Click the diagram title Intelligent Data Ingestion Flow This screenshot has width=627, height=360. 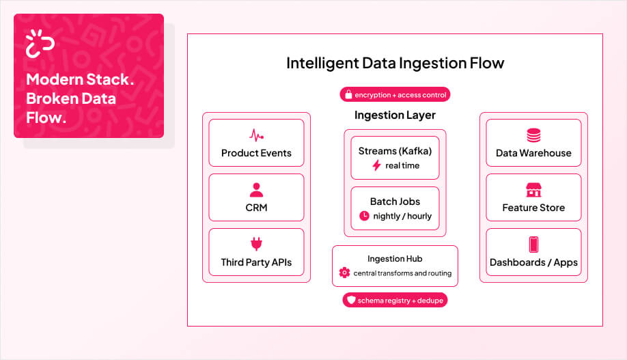(395, 64)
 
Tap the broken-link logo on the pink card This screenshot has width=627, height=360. (40, 44)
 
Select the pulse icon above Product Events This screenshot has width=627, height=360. (256, 135)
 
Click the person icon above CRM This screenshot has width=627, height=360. (256, 189)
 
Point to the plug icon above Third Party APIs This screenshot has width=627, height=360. (256, 244)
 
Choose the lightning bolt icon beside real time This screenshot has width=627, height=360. (376, 165)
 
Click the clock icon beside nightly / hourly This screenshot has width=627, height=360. (364, 216)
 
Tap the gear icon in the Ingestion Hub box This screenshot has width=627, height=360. (344, 273)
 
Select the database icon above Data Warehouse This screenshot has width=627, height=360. (533, 135)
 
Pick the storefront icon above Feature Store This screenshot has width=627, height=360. (533, 190)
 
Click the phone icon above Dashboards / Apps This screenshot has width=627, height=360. (533, 245)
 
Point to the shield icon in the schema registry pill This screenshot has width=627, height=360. (352, 300)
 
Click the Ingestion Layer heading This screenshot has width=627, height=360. (395, 115)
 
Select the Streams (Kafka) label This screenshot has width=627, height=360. (395, 151)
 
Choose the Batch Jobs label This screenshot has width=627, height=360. (395, 202)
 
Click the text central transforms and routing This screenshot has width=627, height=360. (402, 273)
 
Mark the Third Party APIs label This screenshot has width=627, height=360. (256, 262)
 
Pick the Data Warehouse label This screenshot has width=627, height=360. (533, 153)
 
